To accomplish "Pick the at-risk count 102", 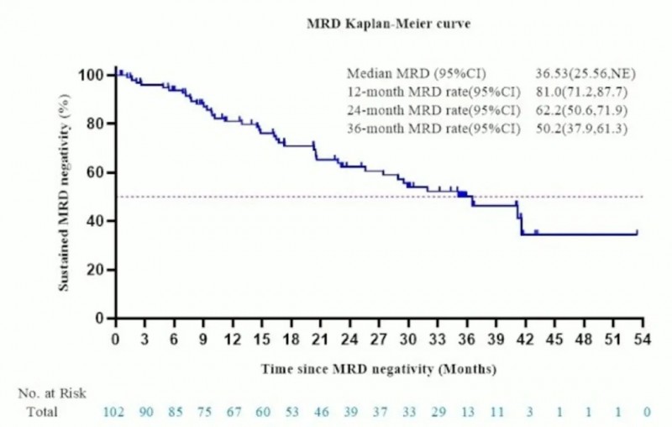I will click(x=114, y=412).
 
